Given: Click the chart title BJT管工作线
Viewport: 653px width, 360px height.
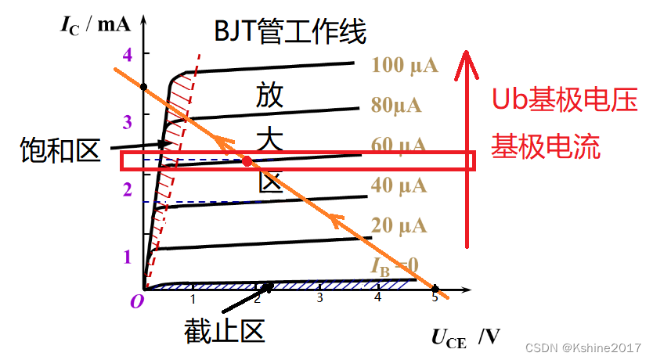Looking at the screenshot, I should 290,33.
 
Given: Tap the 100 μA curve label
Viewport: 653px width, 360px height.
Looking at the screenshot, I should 406,65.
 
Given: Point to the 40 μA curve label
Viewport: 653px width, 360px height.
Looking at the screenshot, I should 399,185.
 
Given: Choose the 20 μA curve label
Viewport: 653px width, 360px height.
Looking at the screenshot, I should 399,226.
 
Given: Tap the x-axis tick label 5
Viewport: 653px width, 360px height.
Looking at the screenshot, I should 435,298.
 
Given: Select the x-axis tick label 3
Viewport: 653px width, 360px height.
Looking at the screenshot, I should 319,298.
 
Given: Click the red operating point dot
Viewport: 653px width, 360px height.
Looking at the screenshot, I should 247,161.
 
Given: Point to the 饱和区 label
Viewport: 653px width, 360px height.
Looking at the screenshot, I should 60,151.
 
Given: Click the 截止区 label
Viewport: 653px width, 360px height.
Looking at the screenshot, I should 225,332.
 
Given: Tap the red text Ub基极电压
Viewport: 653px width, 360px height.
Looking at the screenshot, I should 564,100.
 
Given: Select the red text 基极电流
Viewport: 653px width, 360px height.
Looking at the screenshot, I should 546,146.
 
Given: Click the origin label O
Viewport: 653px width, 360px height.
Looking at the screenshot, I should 137,301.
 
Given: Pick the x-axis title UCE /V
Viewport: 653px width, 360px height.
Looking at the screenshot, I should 465,337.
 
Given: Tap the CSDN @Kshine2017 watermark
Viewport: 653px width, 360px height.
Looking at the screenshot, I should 583,347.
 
